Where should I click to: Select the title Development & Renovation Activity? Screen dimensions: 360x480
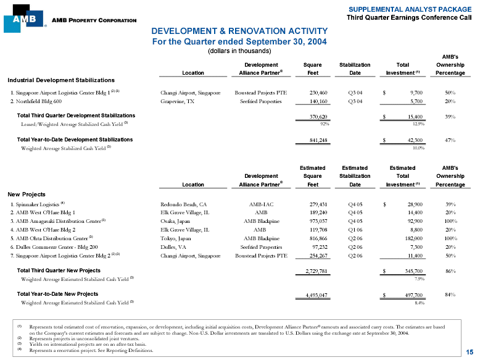click(238, 31)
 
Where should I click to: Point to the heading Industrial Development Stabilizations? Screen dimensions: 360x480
click(60, 80)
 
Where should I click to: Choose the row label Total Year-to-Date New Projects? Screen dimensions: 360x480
click(57, 294)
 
